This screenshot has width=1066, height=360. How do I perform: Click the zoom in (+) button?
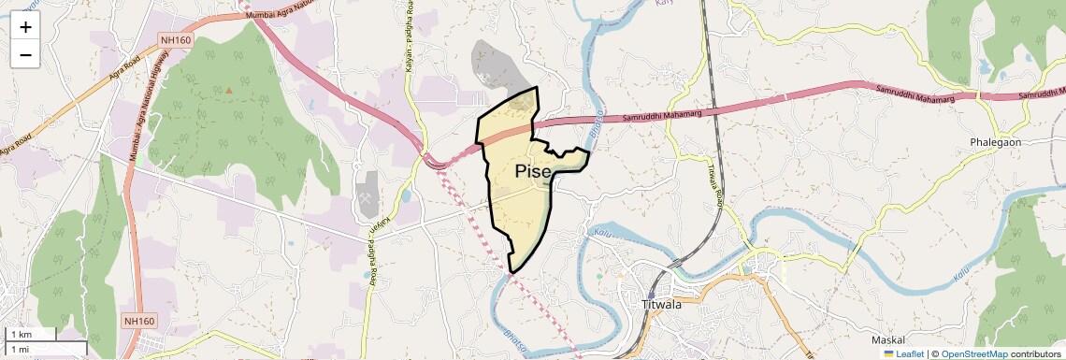pos(25,26)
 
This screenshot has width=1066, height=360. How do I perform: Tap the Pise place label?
pos(533,171)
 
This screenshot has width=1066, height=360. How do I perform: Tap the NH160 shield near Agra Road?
pos(176,39)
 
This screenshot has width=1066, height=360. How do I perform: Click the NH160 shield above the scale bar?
pos(138,321)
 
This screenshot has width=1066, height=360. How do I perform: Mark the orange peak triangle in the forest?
pos(228,91)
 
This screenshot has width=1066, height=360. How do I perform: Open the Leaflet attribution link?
pos(903,353)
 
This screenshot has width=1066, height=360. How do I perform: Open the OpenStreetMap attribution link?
pos(974,353)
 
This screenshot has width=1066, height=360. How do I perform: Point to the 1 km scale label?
pos(21,334)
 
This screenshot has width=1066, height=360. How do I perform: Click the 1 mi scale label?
pos(20,349)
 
